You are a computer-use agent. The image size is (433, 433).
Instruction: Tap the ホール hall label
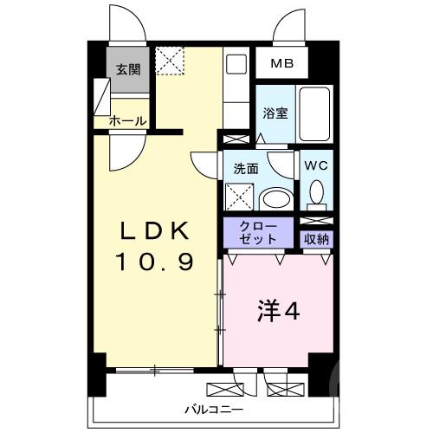point(126,122)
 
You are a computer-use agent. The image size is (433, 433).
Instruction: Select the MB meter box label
point(282,64)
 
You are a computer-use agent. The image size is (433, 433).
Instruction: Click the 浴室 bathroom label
point(275,113)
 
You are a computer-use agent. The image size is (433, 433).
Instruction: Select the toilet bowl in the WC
point(316,191)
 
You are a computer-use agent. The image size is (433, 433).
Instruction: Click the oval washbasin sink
point(276,198)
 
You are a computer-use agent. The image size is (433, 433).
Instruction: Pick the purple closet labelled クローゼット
point(260,232)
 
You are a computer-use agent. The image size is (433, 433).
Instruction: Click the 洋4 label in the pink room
point(279,310)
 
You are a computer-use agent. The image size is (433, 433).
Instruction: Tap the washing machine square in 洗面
point(240,197)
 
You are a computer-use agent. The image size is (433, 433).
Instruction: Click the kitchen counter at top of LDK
point(235,91)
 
